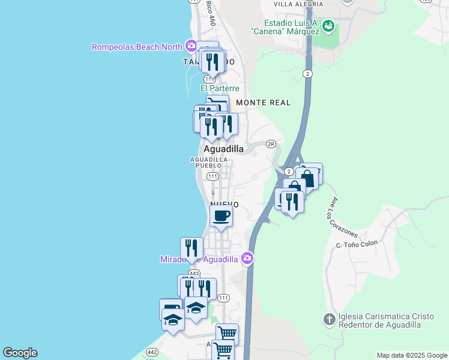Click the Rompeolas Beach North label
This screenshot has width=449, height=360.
tap(137, 47)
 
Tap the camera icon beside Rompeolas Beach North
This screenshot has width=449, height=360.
tap(191, 46)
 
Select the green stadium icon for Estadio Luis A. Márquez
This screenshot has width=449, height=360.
tap(328, 26)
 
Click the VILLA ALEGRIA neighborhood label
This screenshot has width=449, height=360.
tap(298, 4)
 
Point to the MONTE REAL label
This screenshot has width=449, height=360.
tap(263, 103)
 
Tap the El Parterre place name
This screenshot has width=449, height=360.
tap(220, 88)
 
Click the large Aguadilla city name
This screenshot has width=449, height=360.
tap(224, 149)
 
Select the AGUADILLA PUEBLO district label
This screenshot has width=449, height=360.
tap(209, 163)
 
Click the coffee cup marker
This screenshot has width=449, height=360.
tap(221, 215)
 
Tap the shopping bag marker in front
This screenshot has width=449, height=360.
tap(307, 179)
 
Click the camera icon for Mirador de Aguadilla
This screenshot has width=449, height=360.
tap(247, 259)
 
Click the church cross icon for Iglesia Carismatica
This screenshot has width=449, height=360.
tap(329, 319)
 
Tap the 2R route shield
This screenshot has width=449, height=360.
tap(270, 144)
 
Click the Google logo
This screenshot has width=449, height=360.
tap(20, 353)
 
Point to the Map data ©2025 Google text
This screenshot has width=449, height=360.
tap(411, 355)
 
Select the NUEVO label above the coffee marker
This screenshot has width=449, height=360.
tap(224, 205)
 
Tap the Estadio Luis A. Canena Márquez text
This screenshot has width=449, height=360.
tap(285, 26)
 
